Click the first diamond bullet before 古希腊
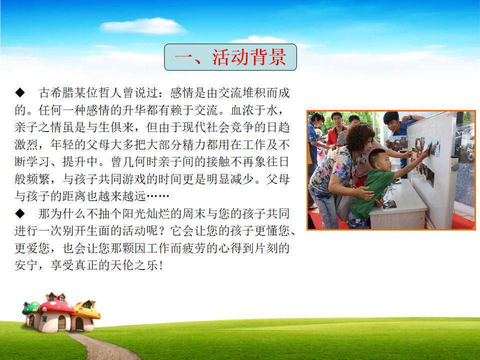[20, 92]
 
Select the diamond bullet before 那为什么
[20, 213]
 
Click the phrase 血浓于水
[254, 110]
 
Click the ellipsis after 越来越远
[158, 196]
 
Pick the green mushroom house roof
[31, 307]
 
